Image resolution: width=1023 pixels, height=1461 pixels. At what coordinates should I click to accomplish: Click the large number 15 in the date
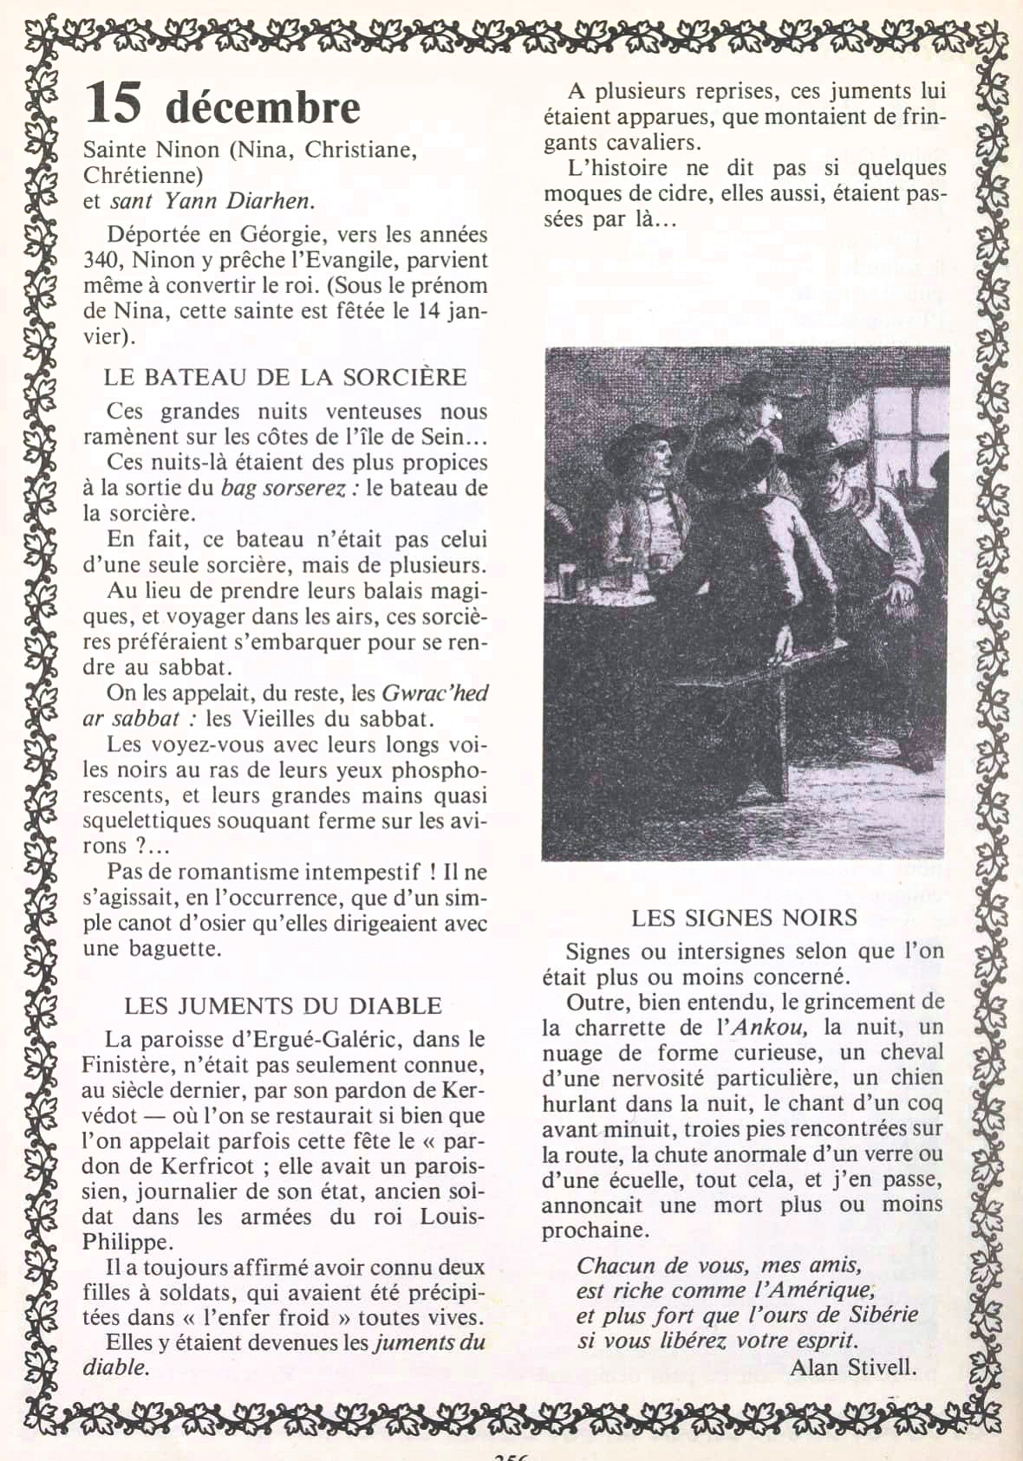pos(113,103)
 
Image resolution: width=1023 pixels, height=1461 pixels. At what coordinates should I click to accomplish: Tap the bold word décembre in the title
pos(263,107)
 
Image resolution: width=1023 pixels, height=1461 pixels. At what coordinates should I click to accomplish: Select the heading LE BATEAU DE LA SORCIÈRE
pos(285,377)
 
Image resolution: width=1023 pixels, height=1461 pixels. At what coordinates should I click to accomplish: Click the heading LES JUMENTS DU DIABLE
pos(283,1005)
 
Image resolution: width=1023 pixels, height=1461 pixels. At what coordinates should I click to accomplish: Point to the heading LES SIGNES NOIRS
pos(744,918)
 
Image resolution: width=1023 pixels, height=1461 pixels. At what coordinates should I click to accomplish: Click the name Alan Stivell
pos(853,1367)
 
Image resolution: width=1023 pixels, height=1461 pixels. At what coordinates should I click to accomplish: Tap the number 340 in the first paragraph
pos(102,260)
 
